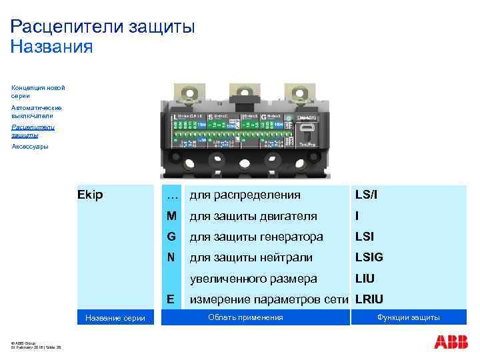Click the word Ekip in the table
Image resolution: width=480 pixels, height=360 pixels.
pos(90,195)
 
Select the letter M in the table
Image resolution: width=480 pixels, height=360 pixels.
pos(172,216)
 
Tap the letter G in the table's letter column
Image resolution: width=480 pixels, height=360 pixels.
pos(172,237)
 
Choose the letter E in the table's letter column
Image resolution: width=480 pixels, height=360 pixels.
pos(172,299)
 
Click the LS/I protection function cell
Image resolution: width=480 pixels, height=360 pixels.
pos(367,195)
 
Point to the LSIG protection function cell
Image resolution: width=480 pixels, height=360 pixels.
pos(369,257)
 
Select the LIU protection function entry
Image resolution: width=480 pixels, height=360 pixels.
pos(365,278)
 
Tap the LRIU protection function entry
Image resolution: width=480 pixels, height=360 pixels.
pos(369,299)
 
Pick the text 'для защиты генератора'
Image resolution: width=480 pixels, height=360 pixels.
pos(256,237)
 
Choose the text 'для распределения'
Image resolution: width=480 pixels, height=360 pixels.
pos(245,195)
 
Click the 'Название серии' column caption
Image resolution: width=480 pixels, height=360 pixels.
pos(115,318)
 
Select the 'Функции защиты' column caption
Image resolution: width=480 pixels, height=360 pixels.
pos(409,317)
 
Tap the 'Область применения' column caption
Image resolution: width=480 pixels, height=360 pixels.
pos(245,317)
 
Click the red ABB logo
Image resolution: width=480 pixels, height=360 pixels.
pos(451,341)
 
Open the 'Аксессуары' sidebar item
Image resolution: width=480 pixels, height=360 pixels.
pos(30,146)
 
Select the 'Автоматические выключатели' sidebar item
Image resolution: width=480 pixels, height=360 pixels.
pos(37,111)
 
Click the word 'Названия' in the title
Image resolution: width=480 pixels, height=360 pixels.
pos(51,47)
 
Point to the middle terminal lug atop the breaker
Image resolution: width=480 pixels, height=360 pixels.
pos(243,93)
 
